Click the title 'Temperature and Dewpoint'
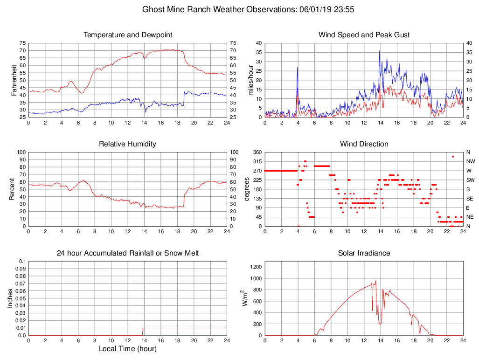pyautogui.click(x=128, y=35)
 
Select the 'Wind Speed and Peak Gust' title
pyautogui.click(x=364, y=35)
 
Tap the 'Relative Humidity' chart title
pyautogui.click(x=128, y=144)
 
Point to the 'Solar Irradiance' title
pyautogui.click(x=364, y=253)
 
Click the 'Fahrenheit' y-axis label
pyautogui.click(x=14, y=80)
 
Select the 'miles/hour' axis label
pyautogui.click(x=251, y=80)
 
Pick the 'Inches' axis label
pyautogui.click(x=10, y=298)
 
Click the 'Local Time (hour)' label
pyautogui.click(x=128, y=349)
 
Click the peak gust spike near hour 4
pyautogui.click(x=297, y=68)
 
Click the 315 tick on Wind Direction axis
pyautogui.click(x=257, y=161)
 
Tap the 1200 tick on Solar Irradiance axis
pyautogui.click(x=255, y=267)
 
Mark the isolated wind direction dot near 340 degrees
pyautogui.click(x=453, y=157)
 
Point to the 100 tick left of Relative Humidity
pyautogui.click(x=21, y=152)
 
